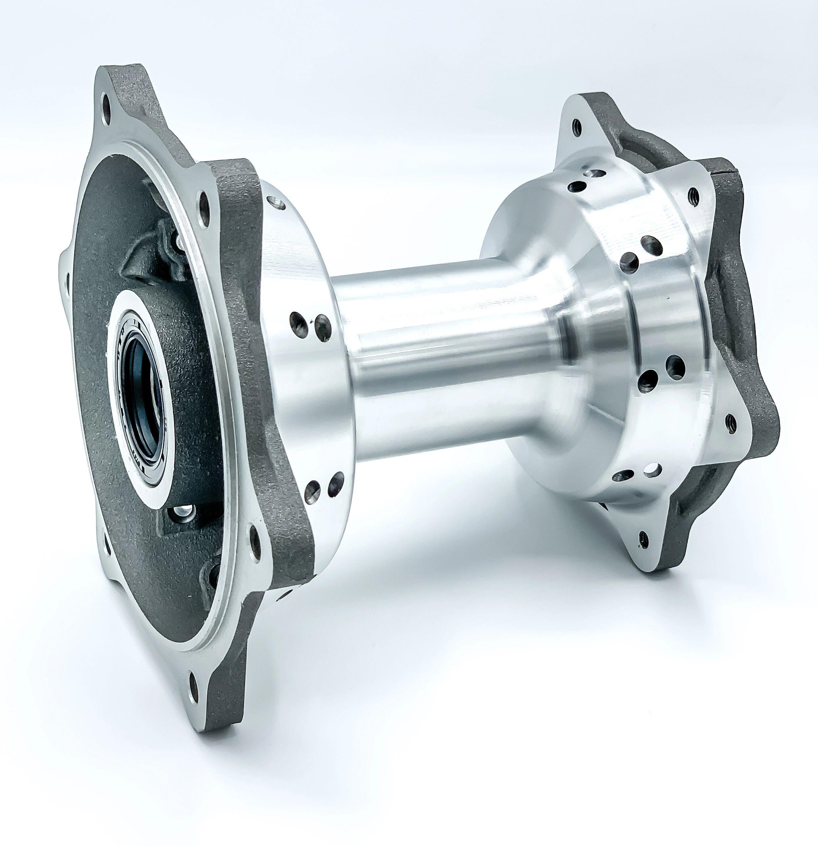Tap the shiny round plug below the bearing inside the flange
181,513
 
